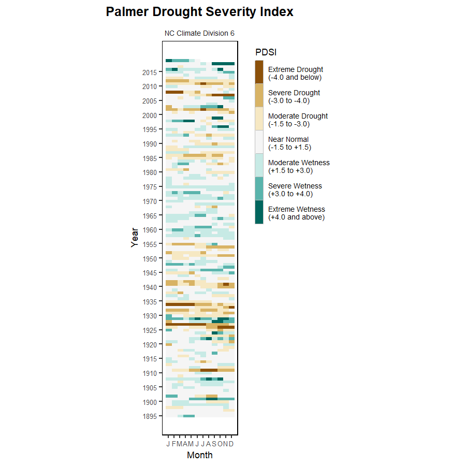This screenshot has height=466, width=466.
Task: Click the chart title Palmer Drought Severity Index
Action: pos(199,12)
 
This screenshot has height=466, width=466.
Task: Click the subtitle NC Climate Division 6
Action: pos(199,33)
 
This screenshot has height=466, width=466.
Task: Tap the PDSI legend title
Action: pos(266,52)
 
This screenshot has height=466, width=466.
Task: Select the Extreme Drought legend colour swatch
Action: pos(259,72)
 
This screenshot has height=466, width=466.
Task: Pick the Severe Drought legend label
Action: pos(294,97)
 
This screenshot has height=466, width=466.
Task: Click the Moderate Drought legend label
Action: pos(298,120)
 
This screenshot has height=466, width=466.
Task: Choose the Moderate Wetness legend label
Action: pos(299,167)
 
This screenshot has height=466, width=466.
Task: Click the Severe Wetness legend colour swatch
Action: pos(259,188)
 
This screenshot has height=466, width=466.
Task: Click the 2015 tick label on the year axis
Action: pos(150,72)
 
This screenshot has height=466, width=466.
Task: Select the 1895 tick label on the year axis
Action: pos(150,416)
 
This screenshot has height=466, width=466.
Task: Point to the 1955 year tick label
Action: pos(150,244)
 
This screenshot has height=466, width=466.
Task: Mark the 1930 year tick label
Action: pos(150,316)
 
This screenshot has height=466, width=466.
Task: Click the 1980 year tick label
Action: pos(150,172)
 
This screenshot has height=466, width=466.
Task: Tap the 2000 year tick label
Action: pos(150,115)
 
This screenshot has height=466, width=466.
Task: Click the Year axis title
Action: pos(135,237)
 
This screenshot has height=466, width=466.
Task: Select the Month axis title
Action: pos(199,456)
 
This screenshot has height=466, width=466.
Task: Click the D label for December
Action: pos(231,444)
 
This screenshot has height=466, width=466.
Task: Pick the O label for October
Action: pos(220,444)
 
